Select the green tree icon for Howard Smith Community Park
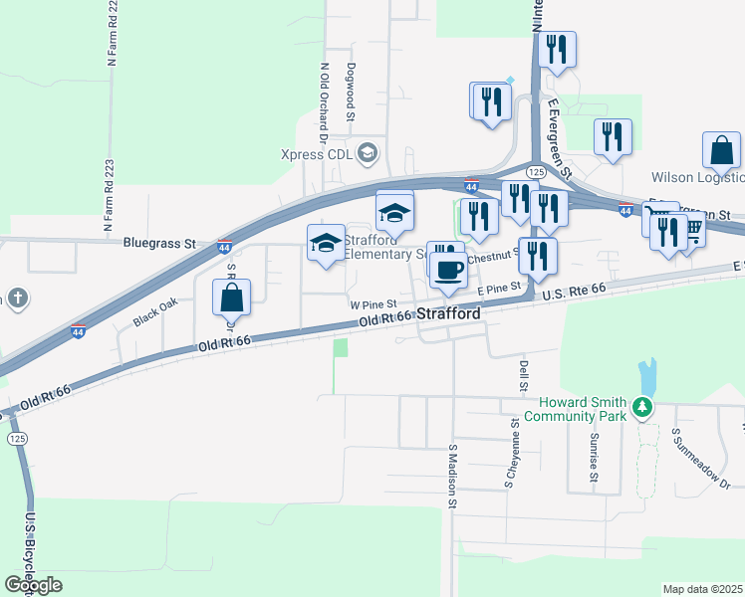coord(643,407)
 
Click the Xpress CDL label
coord(317,154)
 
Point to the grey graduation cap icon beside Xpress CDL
coord(368,152)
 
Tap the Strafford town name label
coord(448,313)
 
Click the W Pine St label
coord(373,303)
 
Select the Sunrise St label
coord(593,457)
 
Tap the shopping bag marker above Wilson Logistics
coord(721,151)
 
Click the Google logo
coord(33,585)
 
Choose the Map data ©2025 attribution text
coord(702,589)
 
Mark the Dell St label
coord(522,374)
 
